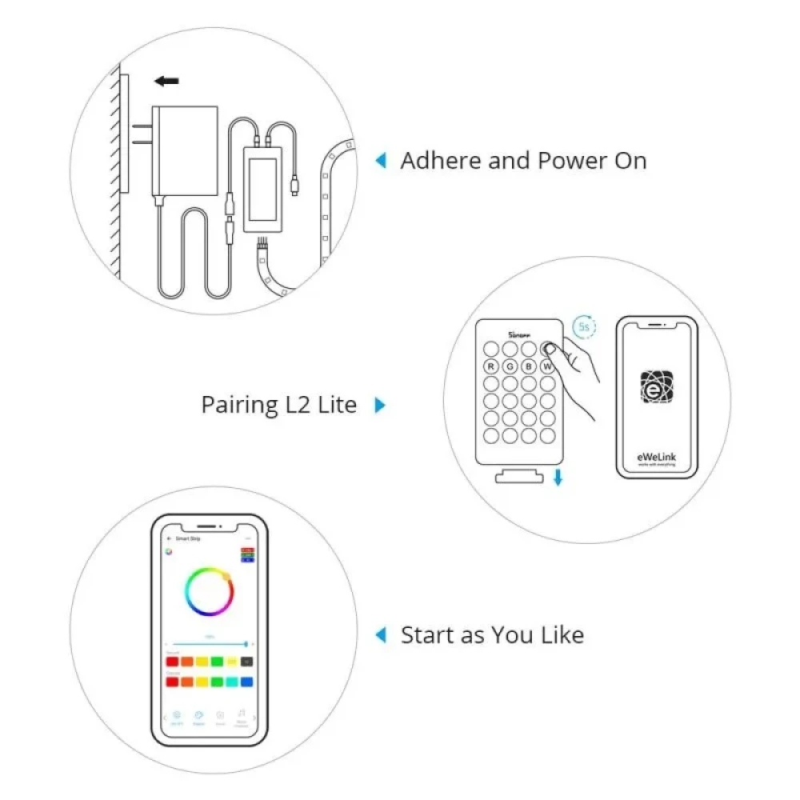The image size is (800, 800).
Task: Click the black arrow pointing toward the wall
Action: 167,81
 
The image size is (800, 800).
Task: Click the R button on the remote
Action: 490,367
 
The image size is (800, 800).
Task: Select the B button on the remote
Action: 528,367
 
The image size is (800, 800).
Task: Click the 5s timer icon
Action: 583,327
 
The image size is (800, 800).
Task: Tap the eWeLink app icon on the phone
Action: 652,386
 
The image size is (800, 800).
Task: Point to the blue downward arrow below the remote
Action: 558,478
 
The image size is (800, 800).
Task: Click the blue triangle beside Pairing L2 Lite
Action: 380,405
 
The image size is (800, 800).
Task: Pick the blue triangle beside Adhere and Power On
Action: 381,161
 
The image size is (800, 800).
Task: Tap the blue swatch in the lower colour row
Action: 246,682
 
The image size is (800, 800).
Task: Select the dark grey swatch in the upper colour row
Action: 246,662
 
